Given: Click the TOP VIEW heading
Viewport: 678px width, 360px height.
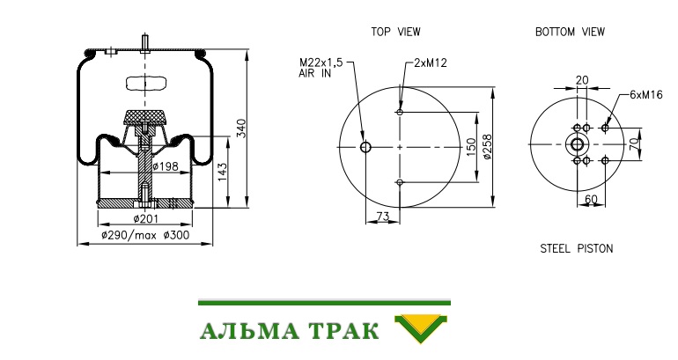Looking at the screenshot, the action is pyautogui.click(x=395, y=32).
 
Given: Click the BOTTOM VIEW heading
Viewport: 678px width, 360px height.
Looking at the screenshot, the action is pyautogui.click(x=570, y=32).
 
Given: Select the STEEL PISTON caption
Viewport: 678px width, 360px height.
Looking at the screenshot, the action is pyautogui.click(x=577, y=248).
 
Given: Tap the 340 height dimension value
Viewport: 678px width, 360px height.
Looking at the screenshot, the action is pyautogui.click(x=241, y=129).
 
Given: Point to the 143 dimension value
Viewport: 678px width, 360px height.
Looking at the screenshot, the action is pyautogui.click(x=222, y=172).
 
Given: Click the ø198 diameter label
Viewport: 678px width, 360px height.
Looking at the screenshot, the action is pyautogui.click(x=166, y=165).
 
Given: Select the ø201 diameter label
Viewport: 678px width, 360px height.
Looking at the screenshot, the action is pyautogui.click(x=145, y=219).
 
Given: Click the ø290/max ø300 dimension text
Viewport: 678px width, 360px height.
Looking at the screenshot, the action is pyautogui.click(x=145, y=236).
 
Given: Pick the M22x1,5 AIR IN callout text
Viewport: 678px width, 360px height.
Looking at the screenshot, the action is pyautogui.click(x=321, y=68).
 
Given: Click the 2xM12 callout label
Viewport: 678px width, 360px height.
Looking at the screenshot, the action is pyautogui.click(x=431, y=63).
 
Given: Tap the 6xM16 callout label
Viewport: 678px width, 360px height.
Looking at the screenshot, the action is pyautogui.click(x=646, y=95).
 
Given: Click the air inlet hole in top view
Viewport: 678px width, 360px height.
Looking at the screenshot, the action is pyautogui.click(x=365, y=147).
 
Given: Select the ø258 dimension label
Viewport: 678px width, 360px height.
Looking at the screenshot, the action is pyautogui.click(x=487, y=147).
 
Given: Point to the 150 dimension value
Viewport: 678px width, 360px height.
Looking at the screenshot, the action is pyautogui.click(x=471, y=147).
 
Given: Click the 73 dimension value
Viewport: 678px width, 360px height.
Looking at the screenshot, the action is pyautogui.click(x=383, y=216).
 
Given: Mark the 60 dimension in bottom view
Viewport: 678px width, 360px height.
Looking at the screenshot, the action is pyautogui.click(x=591, y=199).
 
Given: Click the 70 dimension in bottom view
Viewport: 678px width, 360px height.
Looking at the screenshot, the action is pyautogui.click(x=634, y=144).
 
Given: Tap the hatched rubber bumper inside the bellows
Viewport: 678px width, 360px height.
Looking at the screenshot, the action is pyautogui.click(x=145, y=118).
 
